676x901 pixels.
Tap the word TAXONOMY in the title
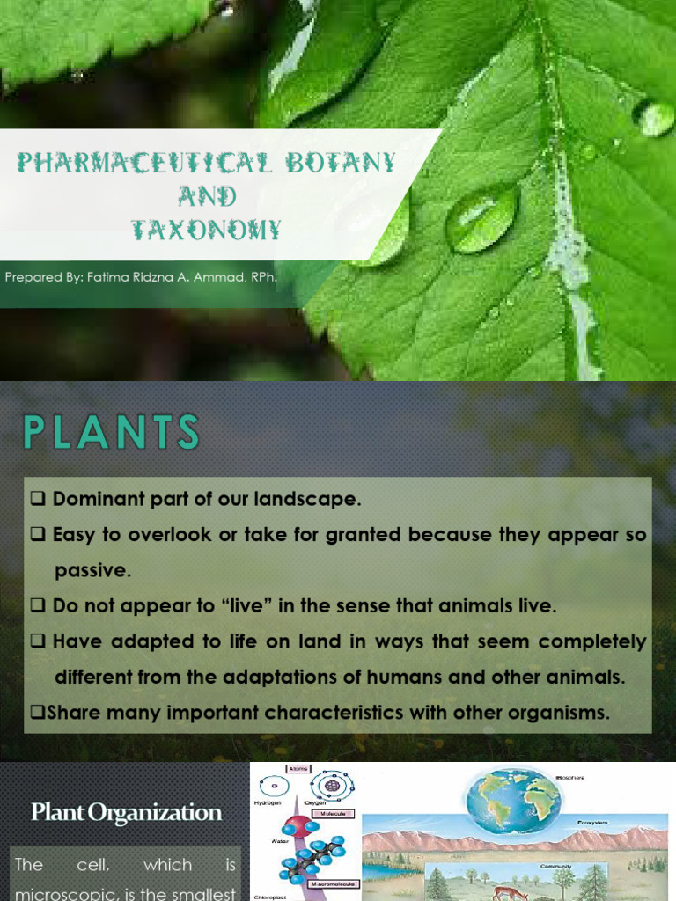point(206,230)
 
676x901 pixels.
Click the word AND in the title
point(207,195)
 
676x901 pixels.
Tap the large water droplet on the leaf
point(481,217)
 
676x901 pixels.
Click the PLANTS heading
point(111,433)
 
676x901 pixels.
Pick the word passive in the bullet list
point(92,570)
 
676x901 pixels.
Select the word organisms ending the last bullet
point(554,713)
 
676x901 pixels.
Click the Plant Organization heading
point(126,813)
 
